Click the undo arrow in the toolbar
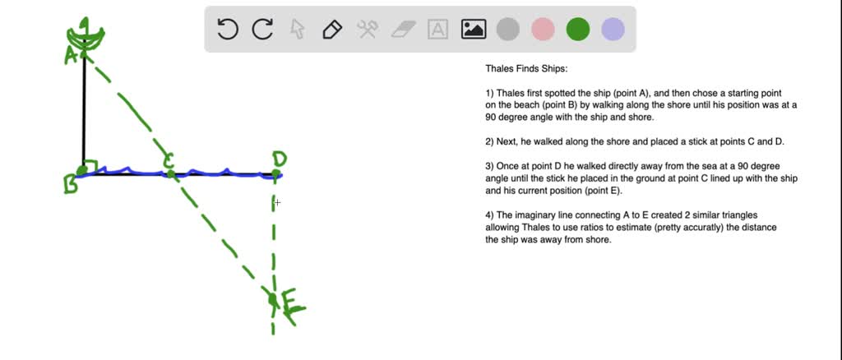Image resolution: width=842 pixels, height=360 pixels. [227, 30]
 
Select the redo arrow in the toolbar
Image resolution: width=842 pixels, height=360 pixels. [262, 30]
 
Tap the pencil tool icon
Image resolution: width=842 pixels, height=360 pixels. [332, 30]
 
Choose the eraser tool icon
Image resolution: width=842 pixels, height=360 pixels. [403, 30]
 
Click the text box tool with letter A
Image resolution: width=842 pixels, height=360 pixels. [438, 30]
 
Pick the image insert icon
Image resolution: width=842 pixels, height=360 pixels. [474, 30]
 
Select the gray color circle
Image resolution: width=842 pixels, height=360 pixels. [508, 30]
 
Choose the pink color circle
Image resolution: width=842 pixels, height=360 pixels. [544, 30]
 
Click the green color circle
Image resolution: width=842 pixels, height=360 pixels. [578, 30]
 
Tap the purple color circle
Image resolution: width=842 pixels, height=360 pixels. [613, 30]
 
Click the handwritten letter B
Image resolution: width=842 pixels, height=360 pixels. [71, 186]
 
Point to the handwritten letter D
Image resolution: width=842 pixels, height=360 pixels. [280, 159]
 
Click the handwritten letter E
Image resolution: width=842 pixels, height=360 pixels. [292, 304]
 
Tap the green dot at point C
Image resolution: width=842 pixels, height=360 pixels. [169, 173]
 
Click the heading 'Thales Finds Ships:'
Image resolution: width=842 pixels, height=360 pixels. [526, 69]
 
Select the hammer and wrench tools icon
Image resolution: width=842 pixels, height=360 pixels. [367, 30]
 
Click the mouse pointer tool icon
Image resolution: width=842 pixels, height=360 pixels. [298, 30]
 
